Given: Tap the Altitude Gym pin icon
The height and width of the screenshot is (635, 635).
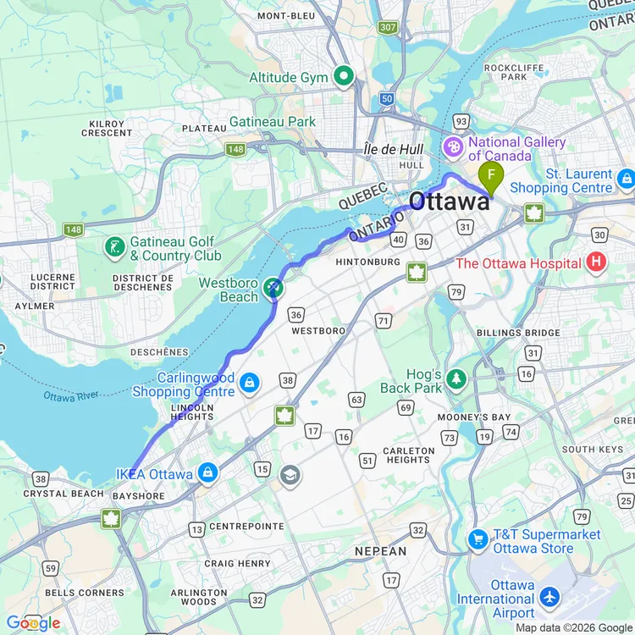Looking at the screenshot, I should (344, 78).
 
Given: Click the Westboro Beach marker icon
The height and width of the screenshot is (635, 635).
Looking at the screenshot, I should (273, 290).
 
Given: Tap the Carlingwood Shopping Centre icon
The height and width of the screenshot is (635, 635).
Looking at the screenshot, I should (249, 384).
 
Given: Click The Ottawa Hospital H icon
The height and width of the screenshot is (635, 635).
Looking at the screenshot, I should (596, 262).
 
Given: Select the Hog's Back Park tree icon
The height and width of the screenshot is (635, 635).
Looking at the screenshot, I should (456, 378).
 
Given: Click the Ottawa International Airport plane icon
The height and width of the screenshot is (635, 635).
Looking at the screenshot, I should (549, 598).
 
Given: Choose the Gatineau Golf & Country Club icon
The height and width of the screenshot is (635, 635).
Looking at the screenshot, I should (113, 247).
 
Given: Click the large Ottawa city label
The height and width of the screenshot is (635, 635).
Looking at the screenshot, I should (449, 202).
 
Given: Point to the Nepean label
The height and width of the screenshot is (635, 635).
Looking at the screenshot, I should (381, 551).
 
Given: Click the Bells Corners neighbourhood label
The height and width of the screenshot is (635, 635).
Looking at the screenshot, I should (85, 593).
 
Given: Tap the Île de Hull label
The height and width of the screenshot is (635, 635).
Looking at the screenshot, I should (390, 150).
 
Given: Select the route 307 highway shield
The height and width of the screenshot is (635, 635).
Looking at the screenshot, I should (388, 28).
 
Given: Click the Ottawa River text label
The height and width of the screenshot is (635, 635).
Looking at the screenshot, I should (71, 395).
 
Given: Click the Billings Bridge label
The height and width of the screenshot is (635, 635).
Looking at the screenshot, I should (517, 333).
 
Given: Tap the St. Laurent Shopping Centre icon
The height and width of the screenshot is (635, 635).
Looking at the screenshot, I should (626, 179).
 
